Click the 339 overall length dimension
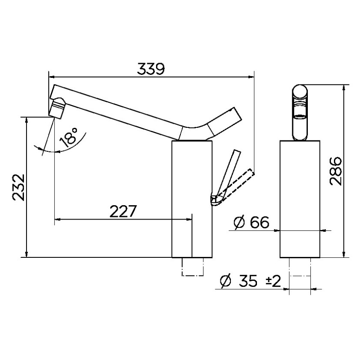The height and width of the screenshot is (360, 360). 151,69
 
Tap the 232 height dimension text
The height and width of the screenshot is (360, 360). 18,187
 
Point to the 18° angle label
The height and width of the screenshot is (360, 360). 69,136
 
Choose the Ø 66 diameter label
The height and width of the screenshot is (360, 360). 251,223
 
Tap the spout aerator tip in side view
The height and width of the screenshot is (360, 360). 57,108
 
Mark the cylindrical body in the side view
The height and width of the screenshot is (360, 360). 192,198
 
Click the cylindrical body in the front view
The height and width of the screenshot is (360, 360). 300,198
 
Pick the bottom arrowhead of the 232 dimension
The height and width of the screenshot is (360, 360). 27,254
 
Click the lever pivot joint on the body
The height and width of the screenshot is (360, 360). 214,200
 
